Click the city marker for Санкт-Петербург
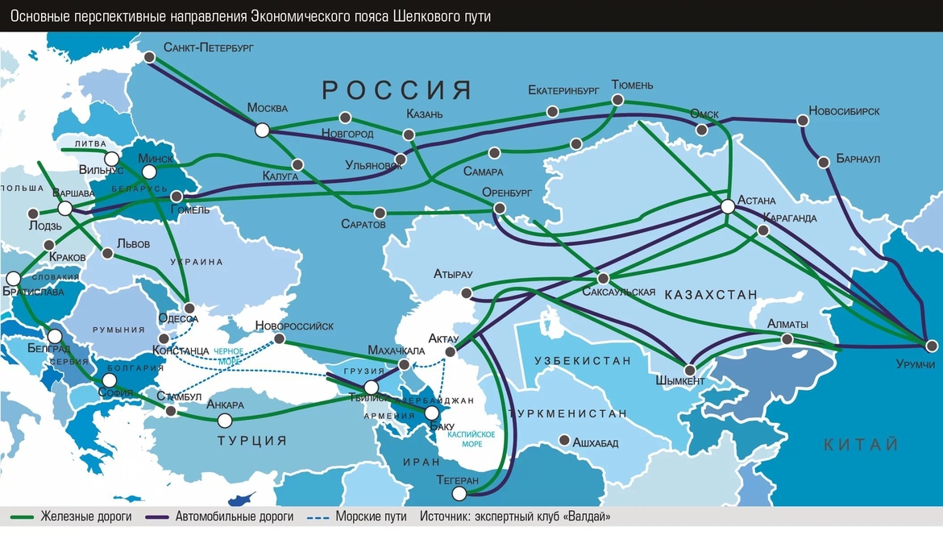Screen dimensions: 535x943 coord(150,57)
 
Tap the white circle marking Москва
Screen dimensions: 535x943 coord(262,130)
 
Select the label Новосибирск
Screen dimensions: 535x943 coord(844,110)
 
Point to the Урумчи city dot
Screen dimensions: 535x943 coord(932,346)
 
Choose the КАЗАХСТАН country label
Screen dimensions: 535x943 coord(712,296)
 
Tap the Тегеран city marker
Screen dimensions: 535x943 coord(459,493)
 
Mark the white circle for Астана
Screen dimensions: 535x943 coord(727,207)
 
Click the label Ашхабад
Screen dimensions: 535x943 coord(595,442)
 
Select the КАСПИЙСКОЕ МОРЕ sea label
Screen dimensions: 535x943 coord(472,439)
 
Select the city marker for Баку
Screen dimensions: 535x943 coord(432,413)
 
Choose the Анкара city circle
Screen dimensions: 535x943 coord(226,420)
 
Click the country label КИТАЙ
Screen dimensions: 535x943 coord(861,445)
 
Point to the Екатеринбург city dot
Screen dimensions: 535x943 coord(552,112)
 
